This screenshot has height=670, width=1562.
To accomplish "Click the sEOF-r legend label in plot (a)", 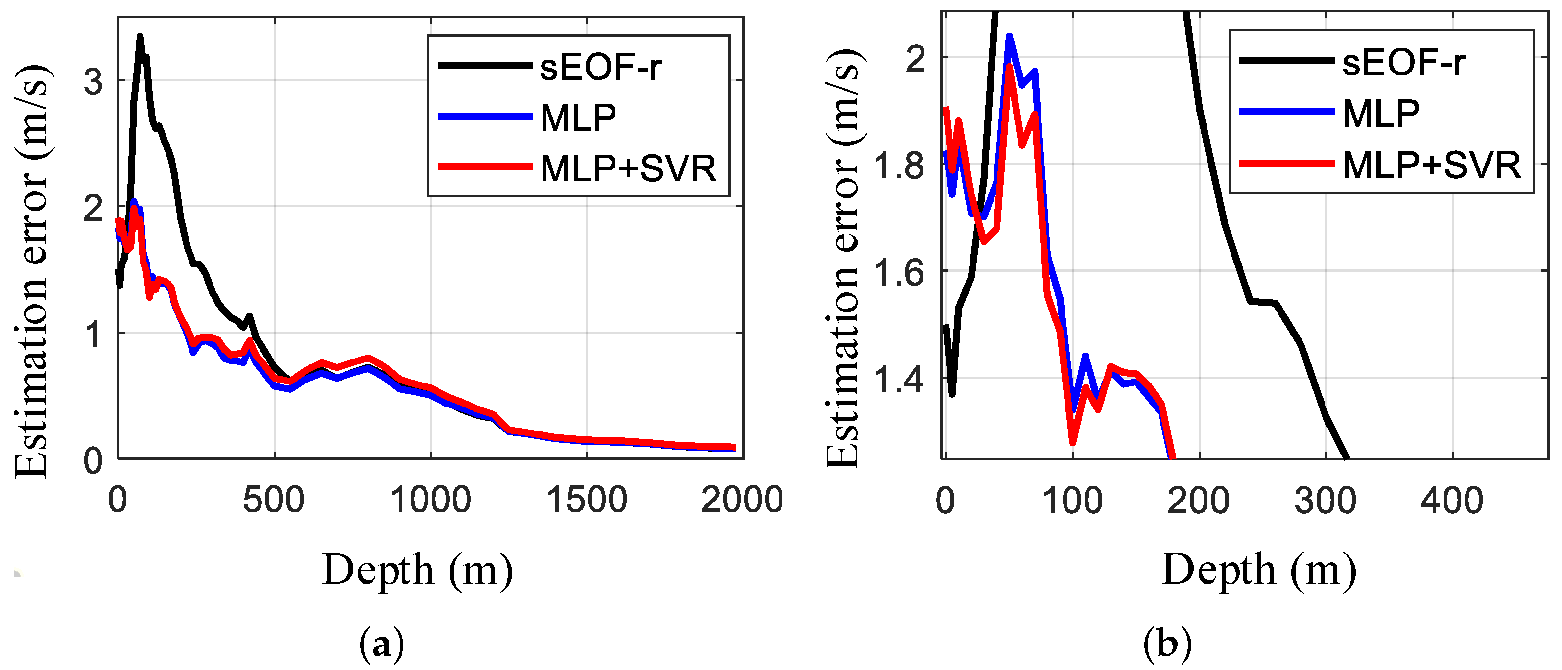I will [600, 67].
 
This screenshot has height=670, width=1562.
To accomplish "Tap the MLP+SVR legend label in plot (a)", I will [628, 168].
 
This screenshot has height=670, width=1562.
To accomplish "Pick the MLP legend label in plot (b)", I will [1381, 114].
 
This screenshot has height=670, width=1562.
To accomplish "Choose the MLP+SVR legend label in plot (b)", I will [1431, 165].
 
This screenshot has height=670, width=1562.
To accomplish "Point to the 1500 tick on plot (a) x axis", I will [586, 500].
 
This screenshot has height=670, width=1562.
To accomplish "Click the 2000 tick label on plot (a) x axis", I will [742, 500].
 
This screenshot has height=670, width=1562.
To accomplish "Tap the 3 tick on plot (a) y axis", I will [94, 81].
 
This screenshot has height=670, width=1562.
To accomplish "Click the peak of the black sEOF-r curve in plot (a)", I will [140, 36].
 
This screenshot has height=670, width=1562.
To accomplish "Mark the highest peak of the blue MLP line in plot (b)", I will [1009, 36].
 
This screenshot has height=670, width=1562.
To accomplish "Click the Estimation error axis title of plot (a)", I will [31, 270].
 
